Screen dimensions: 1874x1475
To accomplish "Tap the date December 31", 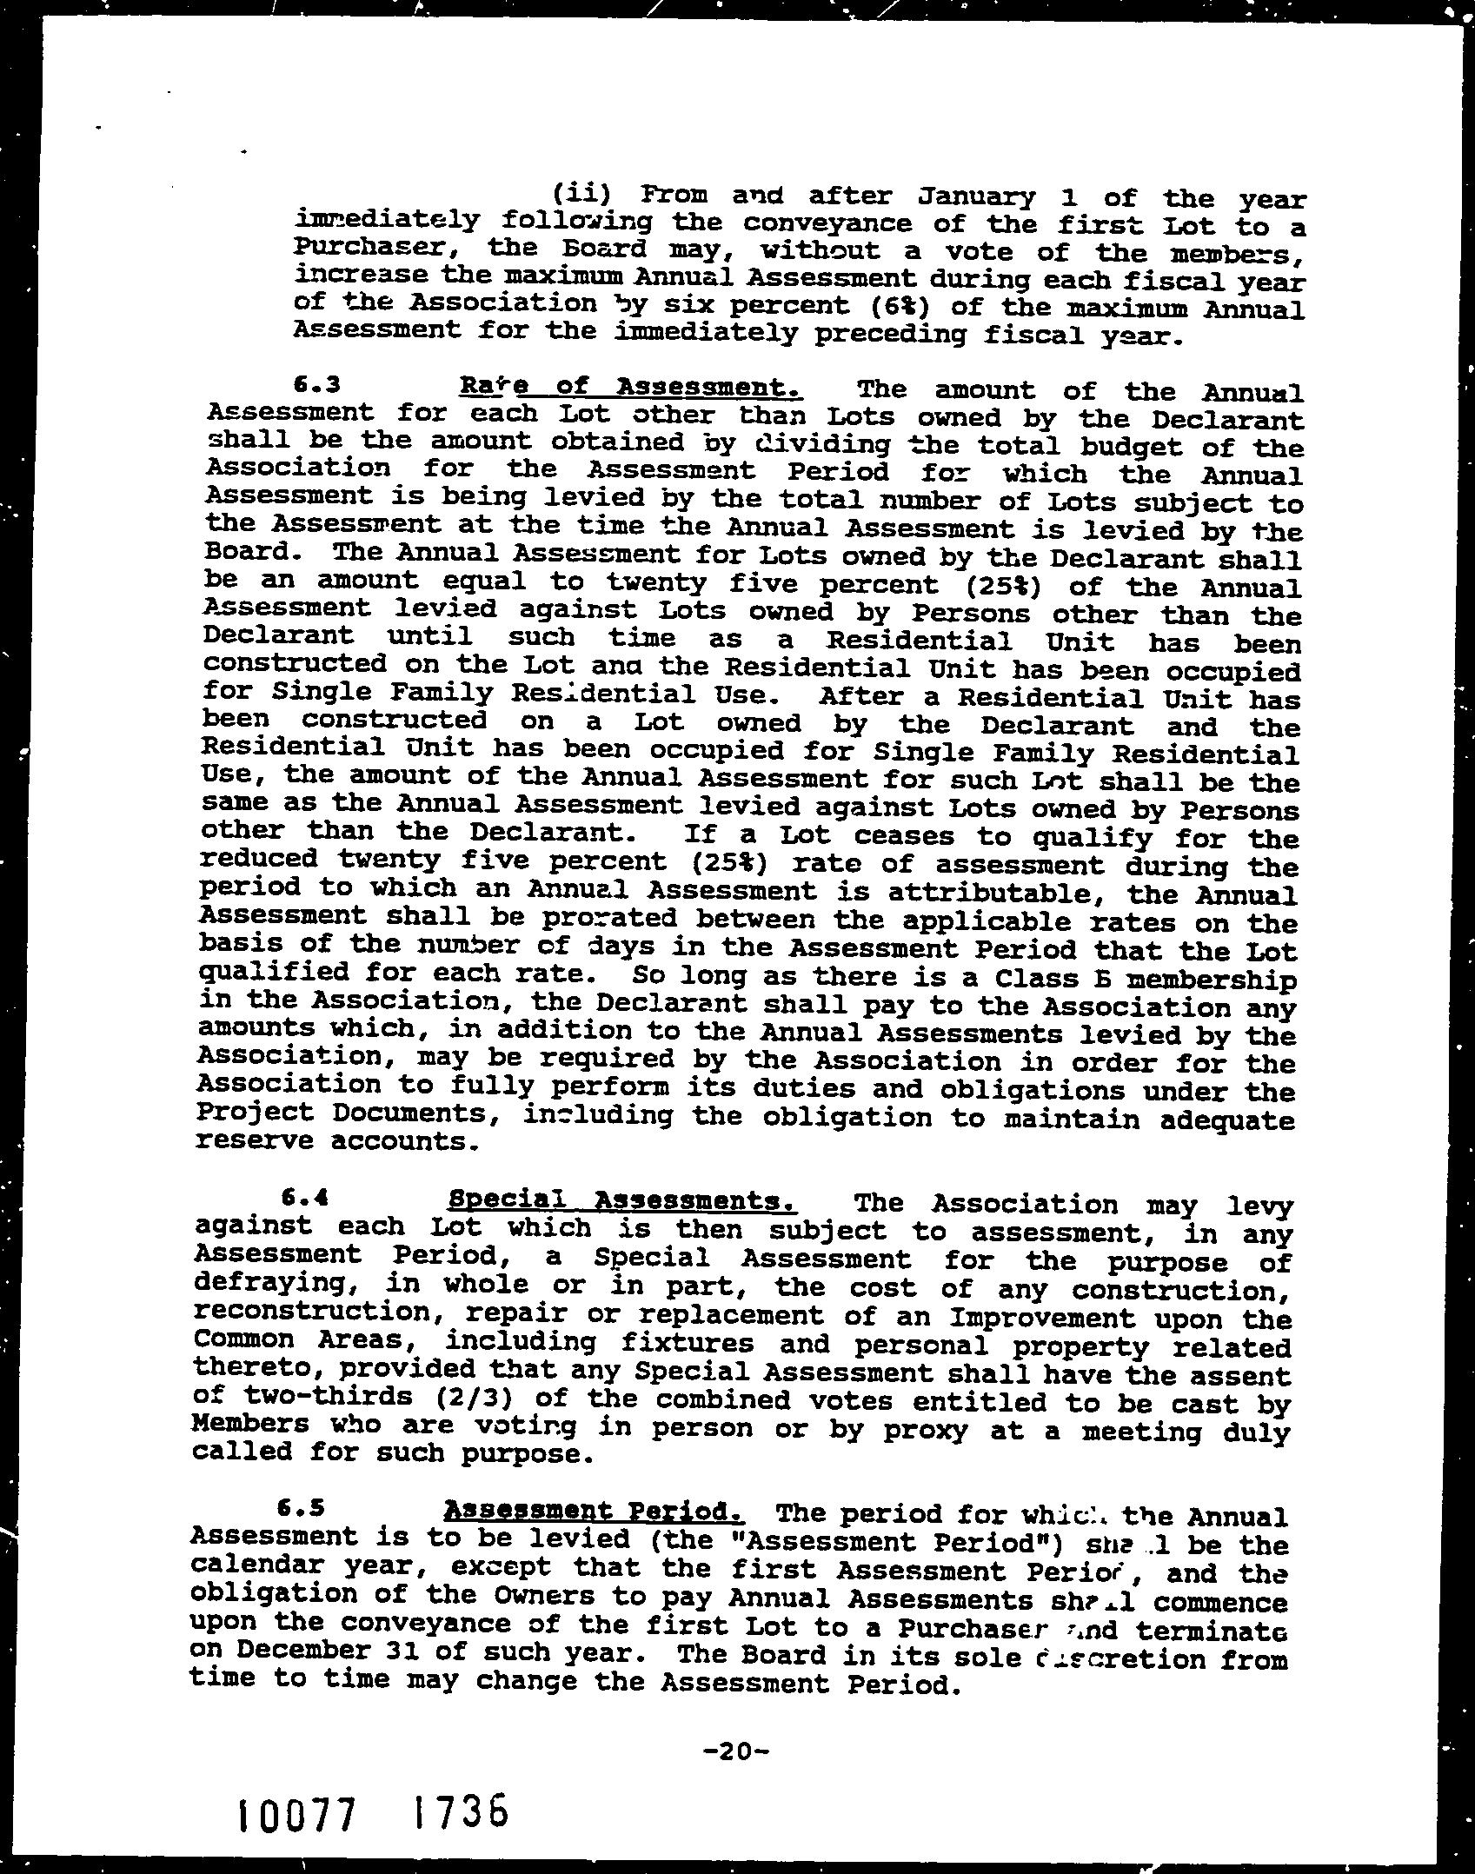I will (x=304, y=1649).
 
